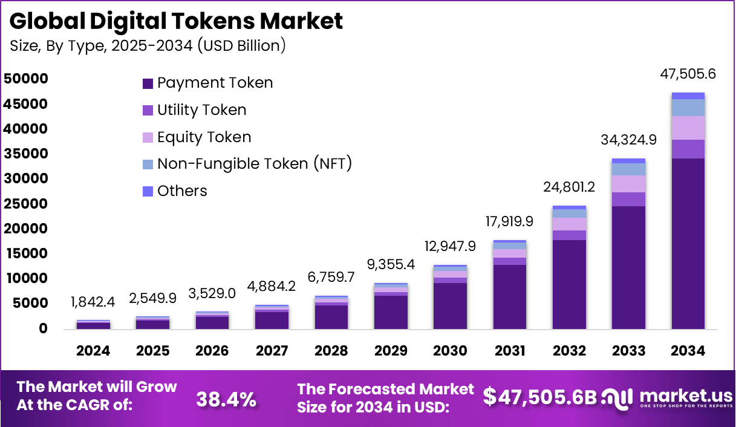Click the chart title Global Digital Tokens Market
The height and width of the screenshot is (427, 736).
[x=176, y=21]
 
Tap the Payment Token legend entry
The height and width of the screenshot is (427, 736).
[x=207, y=83]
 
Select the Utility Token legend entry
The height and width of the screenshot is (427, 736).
[x=194, y=110]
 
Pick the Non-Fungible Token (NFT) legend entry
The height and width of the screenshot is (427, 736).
[x=247, y=163]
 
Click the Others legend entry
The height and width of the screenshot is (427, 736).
[x=175, y=191]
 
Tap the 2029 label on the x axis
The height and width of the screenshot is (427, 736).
[x=390, y=351]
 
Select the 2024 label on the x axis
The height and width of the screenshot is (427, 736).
[x=93, y=351]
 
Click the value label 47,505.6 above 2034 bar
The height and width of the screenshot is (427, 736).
[x=688, y=75]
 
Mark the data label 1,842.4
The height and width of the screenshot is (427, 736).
[x=93, y=301]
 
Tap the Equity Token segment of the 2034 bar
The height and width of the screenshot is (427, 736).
[x=688, y=128]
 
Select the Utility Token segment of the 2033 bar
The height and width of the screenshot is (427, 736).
[x=628, y=199]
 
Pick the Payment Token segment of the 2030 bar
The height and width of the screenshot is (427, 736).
[x=450, y=305]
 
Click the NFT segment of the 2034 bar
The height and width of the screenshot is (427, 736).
[x=688, y=108]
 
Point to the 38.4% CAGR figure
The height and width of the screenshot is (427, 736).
[x=226, y=399]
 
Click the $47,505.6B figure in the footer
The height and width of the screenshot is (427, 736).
[x=540, y=397]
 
